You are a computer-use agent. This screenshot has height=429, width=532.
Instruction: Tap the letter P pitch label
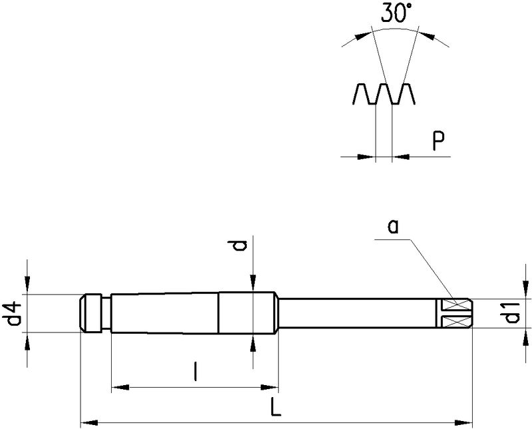(438, 141)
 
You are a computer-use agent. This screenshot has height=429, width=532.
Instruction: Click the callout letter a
(393, 228)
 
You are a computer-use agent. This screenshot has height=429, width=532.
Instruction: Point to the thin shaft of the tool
(359, 313)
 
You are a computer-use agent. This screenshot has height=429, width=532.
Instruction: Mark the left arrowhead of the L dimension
(86, 421)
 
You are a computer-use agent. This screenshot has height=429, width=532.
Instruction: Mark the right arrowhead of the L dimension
(467, 421)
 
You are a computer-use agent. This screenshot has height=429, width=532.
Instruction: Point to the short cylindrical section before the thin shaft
(247, 313)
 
